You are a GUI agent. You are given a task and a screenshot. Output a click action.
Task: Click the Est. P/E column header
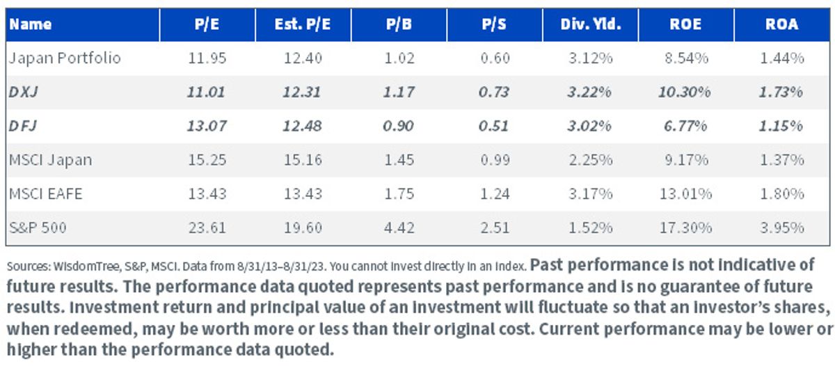(302, 24)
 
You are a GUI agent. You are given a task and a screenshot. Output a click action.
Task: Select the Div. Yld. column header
(591, 24)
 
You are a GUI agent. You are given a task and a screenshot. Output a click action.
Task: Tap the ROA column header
(781, 24)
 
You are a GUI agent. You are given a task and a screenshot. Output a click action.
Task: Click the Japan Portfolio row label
(65, 58)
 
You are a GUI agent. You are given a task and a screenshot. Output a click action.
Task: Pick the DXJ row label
(24, 92)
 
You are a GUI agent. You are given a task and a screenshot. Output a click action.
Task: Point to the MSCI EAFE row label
(45, 194)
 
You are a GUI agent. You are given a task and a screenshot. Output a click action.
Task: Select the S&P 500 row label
(38, 228)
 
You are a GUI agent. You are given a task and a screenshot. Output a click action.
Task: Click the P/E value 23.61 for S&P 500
(207, 228)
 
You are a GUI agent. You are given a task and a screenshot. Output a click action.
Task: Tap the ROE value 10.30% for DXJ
(685, 92)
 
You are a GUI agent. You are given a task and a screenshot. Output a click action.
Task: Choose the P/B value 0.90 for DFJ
(398, 126)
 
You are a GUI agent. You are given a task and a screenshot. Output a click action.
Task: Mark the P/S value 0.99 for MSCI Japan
(495, 160)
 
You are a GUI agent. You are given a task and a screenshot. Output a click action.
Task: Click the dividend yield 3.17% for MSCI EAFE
(591, 194)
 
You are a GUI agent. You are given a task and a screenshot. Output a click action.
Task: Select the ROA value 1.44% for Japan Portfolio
(781, 58)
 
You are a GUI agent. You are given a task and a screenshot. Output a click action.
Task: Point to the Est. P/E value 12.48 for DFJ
(302, 126)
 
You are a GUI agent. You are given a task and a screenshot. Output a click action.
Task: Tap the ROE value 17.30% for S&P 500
(686, 228)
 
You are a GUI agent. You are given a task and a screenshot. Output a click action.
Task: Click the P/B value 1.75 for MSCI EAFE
(399, 194)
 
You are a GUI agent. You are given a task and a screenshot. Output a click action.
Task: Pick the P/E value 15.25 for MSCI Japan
(207, 160)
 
